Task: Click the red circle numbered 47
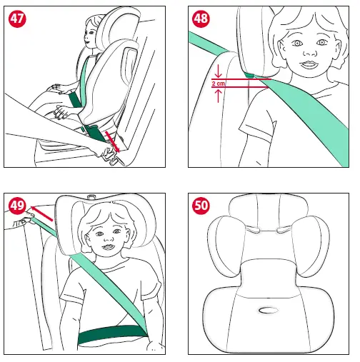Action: click(x=17, y=20)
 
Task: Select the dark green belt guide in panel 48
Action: click(x=250, y=74)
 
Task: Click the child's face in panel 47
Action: click(x=89, y=37)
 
